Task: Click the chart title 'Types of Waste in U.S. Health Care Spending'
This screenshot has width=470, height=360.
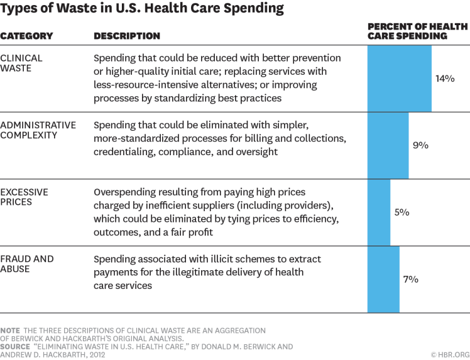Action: (141, 9)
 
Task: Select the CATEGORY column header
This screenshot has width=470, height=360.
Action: (26, 36)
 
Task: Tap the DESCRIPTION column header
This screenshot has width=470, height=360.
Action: (127, 36)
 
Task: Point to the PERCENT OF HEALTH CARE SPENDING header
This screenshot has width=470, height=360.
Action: (417, 31)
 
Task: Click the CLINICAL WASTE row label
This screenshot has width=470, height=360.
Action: (21, 63)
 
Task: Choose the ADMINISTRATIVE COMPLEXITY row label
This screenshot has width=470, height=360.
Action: (38, 130)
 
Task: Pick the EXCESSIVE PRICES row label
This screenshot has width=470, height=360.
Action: (24, 197)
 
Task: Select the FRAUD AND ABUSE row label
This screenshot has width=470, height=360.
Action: (27, 264)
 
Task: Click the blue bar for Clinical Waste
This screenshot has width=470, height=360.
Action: (399, 79)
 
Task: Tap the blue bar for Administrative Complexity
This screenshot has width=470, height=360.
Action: (388, 146)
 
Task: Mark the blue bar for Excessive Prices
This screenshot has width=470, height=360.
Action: (378, 212)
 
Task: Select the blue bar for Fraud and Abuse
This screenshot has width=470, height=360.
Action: (383, 280)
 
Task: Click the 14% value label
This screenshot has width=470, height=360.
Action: (445, 79)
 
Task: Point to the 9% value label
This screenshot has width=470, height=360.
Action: (420, 145)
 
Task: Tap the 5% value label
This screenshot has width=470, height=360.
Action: (402, 212)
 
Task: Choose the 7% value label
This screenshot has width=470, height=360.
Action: (411, 279)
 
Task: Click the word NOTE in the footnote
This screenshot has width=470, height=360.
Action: (10, 330)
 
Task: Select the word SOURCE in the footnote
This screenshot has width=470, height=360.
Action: (14, 346)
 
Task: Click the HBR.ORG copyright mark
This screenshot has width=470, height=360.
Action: (449, 354)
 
